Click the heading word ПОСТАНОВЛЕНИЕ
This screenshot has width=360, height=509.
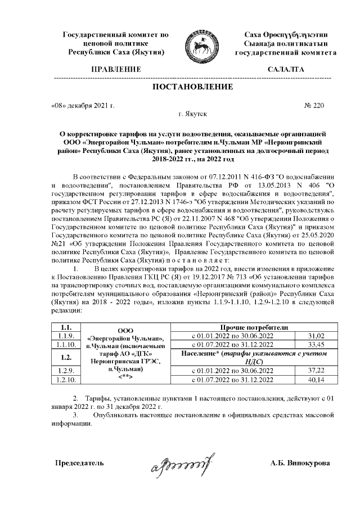(x=193, y=87)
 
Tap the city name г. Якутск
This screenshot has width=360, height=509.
(x=192, y=114)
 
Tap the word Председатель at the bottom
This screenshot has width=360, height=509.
(x=79, y=463)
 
